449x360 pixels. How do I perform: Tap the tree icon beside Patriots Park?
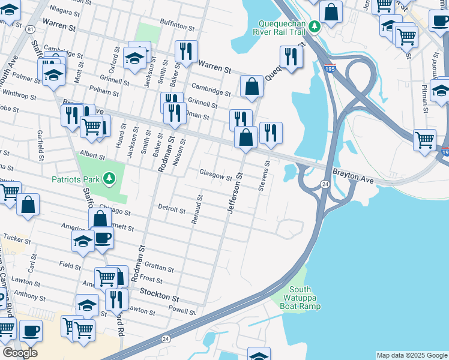pos(109,178)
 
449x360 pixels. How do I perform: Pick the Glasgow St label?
pos(215,176)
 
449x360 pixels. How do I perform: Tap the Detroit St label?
pos(172,210)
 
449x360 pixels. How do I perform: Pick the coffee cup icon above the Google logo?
pos(31,330)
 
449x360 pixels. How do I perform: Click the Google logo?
pos(20,352)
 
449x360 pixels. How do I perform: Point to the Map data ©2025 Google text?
pos(412,355)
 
